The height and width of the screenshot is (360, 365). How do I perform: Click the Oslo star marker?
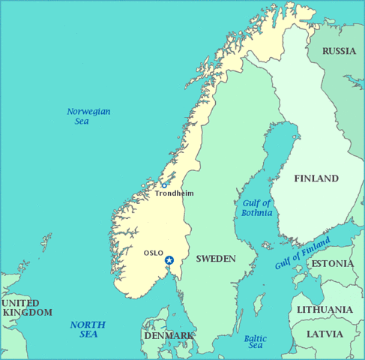(169, 260)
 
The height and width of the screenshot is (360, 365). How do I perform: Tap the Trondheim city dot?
(164, 185)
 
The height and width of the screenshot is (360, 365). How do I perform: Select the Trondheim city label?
(174, 193)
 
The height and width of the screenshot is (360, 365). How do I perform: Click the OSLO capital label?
(153, 253)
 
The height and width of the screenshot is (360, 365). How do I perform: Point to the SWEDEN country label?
(216, 259)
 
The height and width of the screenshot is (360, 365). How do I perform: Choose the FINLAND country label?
(316, 178)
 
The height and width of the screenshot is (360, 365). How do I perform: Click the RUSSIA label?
(339, 51)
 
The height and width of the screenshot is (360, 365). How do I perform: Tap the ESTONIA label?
(332, 264)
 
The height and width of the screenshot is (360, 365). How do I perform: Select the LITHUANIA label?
(325, 310)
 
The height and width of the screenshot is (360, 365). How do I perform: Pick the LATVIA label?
(325, 333)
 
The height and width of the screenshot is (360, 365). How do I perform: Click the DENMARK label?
(169, 335)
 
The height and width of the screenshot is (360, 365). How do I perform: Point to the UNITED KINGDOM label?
(27, 307)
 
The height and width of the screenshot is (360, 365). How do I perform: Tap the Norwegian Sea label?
(88, 116)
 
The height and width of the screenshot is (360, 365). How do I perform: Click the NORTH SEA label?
(88, 329)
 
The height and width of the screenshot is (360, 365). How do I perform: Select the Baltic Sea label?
(256, 341)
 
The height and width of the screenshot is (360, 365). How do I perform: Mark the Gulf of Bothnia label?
(257, 208)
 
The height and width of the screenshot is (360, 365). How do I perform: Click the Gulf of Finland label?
(302, 252)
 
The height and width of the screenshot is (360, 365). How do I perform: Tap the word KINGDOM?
(28, 312)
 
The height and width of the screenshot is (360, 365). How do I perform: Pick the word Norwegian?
(88, 111)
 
